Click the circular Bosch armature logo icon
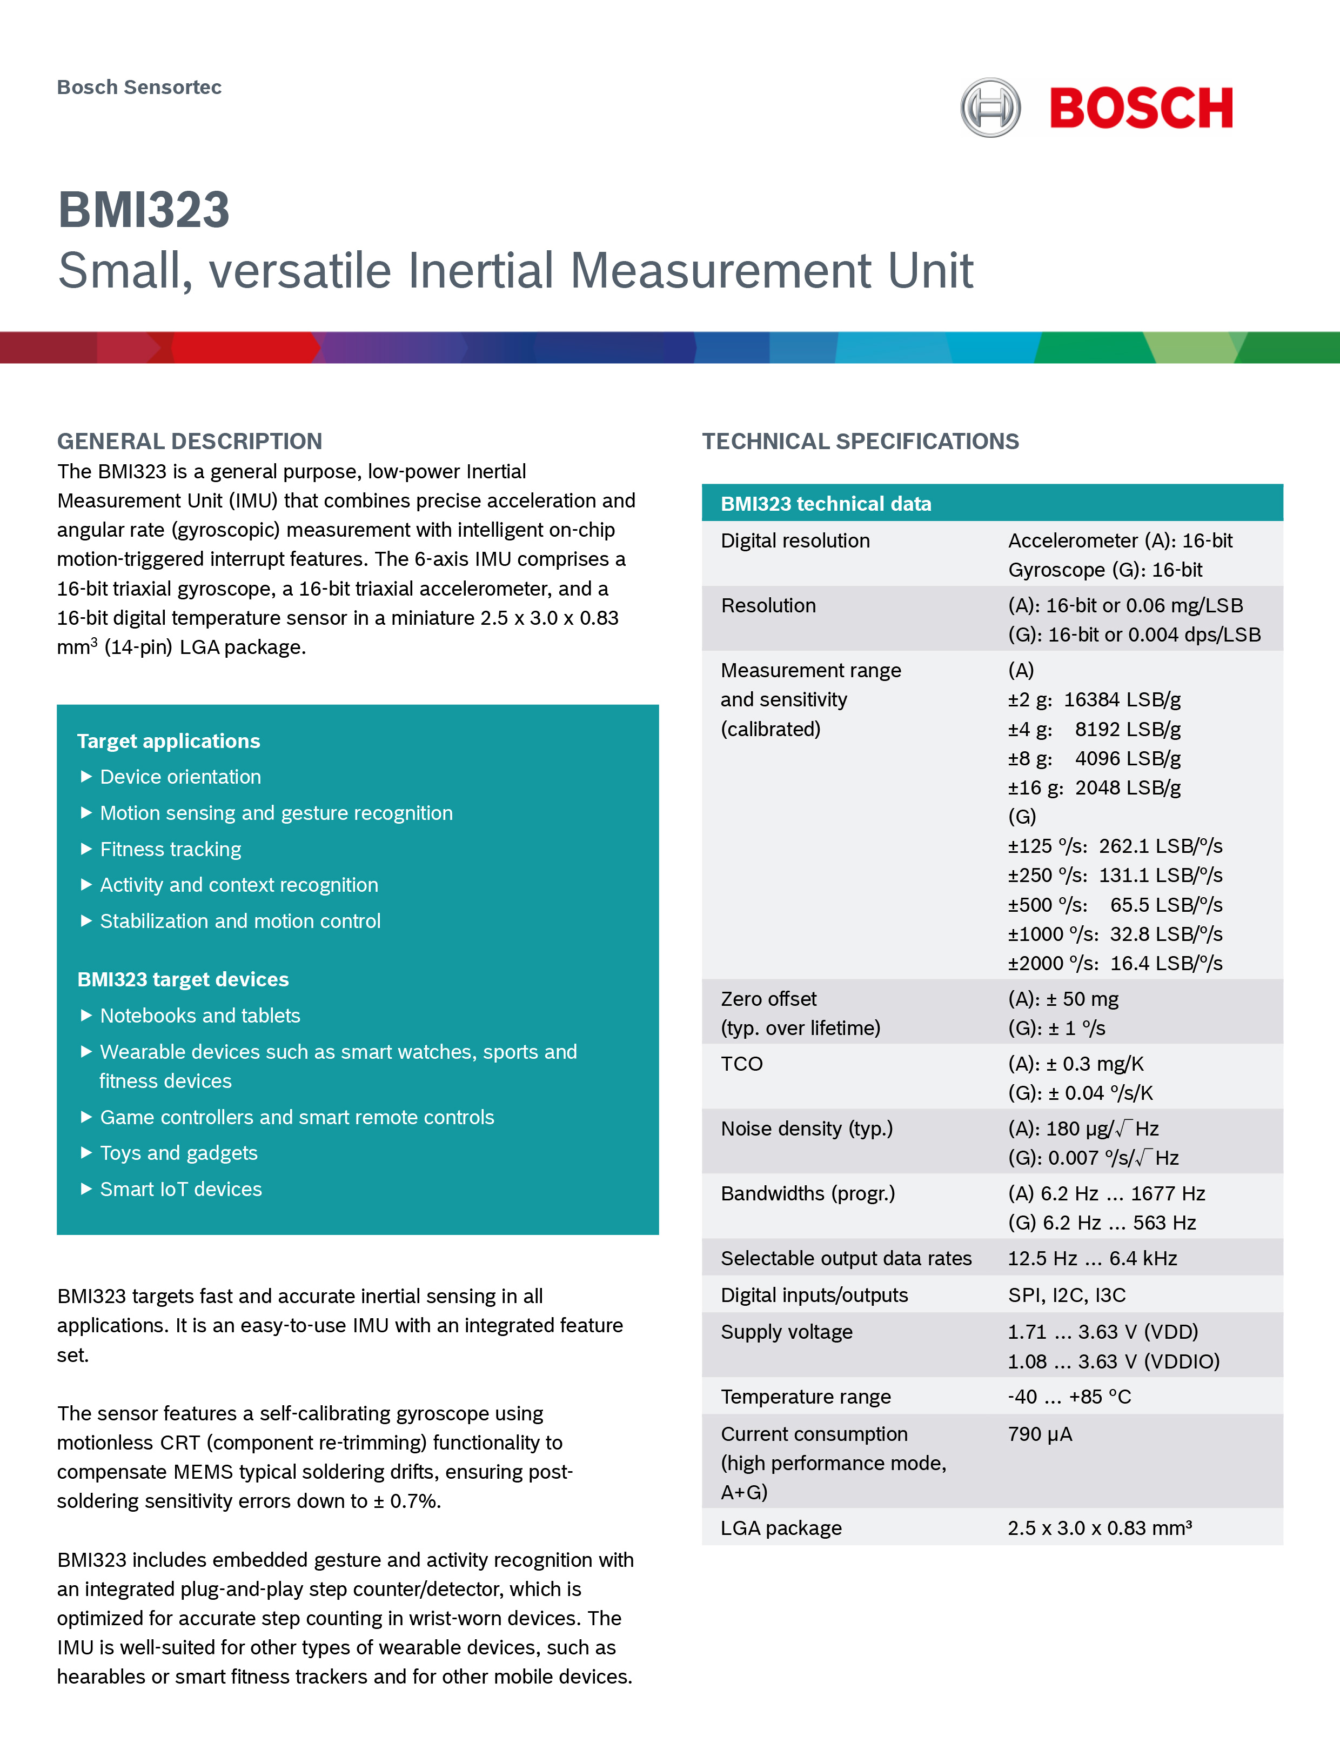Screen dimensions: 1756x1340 990,108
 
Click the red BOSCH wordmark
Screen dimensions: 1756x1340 1141,109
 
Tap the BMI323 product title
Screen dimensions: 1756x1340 144,210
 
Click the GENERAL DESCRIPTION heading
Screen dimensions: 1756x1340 190,441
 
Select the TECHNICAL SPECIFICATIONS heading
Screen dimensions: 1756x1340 860,441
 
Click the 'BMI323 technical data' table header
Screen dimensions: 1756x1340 826,503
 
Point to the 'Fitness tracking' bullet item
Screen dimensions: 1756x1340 170,849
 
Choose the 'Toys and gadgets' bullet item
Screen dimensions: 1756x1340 179,1153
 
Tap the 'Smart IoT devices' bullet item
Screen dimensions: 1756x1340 180,1189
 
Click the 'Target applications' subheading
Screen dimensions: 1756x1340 168,741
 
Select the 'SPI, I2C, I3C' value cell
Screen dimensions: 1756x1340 1067,1295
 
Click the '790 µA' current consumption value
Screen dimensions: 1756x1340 1039,1434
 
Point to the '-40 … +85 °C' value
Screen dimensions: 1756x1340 1069,1396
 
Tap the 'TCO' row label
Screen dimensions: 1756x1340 742,1064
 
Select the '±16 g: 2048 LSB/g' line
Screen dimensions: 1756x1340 1094,787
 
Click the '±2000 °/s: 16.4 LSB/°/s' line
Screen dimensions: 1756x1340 1114,963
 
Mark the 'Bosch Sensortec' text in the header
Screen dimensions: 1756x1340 139,87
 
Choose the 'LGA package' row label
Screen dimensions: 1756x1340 781,1528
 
